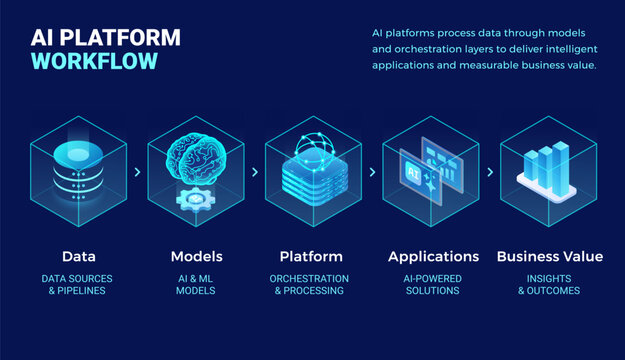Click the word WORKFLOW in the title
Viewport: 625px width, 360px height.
coord(94,61)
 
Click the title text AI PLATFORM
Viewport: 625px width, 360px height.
coord(106,37)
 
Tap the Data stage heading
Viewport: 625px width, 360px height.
coord(79,256)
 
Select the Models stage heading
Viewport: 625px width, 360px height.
coord(196,256)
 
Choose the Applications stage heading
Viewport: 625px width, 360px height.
coord(433,256)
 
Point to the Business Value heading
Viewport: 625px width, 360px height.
coord(549,256)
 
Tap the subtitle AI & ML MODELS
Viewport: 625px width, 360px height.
coord(196,284)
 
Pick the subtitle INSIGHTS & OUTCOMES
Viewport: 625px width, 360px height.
coord(549,284)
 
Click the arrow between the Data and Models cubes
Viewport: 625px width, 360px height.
coord(137,172)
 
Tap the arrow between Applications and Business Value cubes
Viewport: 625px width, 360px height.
coord(489,172)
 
